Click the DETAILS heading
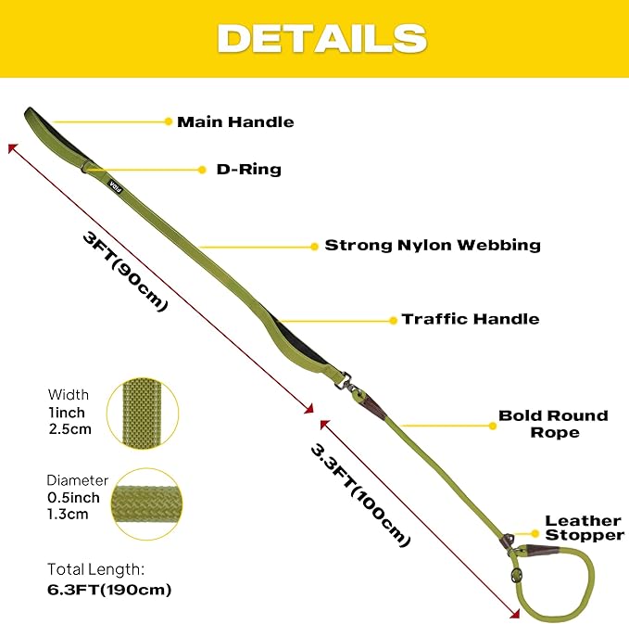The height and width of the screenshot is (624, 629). (322, 38)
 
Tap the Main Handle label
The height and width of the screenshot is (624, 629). (235, 122)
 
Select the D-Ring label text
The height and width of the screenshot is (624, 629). (248, 170)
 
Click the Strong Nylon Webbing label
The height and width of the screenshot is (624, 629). (433, 245)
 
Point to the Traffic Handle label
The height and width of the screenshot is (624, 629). (471, 319)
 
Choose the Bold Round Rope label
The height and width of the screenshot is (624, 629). (554, 424)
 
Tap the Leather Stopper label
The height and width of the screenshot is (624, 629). (585, 528)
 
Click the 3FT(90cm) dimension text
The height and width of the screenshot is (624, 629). (125, 272)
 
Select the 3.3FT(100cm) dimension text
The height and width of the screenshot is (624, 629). (360, 495)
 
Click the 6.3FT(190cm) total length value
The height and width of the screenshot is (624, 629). (109, 590)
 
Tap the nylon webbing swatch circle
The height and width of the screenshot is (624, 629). (143, 414)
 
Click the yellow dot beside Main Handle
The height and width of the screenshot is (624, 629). (169, 121)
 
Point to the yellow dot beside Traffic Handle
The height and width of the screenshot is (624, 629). (393, 320)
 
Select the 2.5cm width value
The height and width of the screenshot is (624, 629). (70, 429)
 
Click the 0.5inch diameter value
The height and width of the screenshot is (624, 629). (73, 498)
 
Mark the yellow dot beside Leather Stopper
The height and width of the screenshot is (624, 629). (535, 534)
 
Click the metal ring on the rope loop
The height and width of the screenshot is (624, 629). (515, 574)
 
